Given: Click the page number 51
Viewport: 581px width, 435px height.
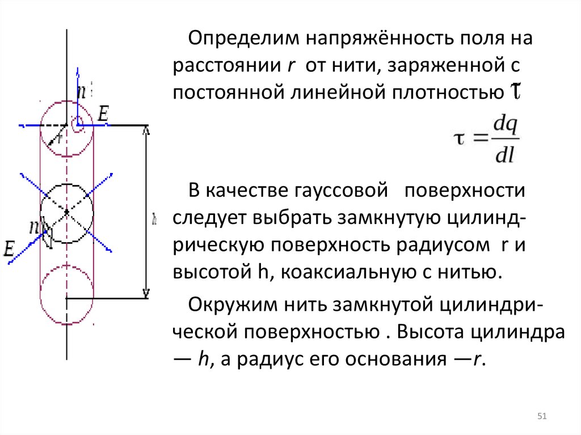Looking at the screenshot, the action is click(541, 417).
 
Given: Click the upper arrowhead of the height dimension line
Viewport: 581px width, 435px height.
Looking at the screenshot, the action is click(146, 130).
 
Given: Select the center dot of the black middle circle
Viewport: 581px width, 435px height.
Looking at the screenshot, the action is click(67, 212).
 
